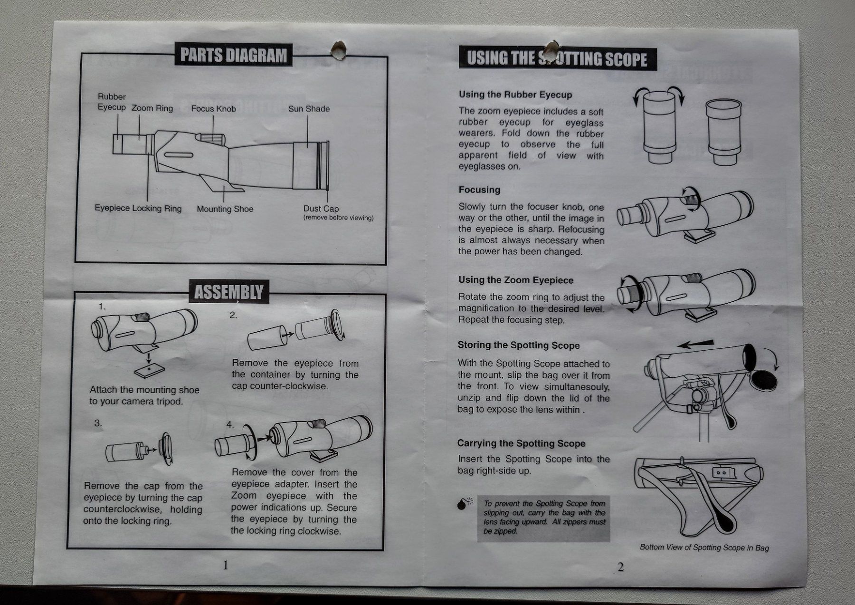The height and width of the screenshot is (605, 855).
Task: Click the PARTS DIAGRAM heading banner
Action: [234, 56]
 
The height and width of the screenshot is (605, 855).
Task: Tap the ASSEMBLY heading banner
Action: [228, 291]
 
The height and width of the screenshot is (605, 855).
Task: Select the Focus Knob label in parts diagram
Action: [213, 109]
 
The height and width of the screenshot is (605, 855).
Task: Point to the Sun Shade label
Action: [309, 109]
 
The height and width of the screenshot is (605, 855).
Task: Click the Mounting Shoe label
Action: [225, 209]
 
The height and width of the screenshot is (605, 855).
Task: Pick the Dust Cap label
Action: [321, 209]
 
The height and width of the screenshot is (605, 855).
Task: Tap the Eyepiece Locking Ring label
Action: [138, 208]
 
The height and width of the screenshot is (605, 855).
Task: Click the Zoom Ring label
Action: [152, 108]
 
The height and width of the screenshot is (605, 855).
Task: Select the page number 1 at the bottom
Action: [226, 565]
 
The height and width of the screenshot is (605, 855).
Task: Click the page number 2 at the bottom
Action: [620, 567]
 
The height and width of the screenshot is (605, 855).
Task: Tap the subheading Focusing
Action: [479, 190]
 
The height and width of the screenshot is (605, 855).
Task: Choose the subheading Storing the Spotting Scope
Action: [519, 346]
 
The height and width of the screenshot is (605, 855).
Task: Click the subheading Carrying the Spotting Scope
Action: [521, 443]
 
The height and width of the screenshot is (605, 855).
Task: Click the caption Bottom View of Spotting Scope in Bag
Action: [704, 547]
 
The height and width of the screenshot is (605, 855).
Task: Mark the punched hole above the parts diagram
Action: [339, 50]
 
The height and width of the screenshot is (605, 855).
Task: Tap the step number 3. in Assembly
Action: [98, 423]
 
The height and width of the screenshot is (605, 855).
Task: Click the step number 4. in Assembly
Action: [230, 424]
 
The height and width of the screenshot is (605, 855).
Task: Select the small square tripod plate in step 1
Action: [150, 370]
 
